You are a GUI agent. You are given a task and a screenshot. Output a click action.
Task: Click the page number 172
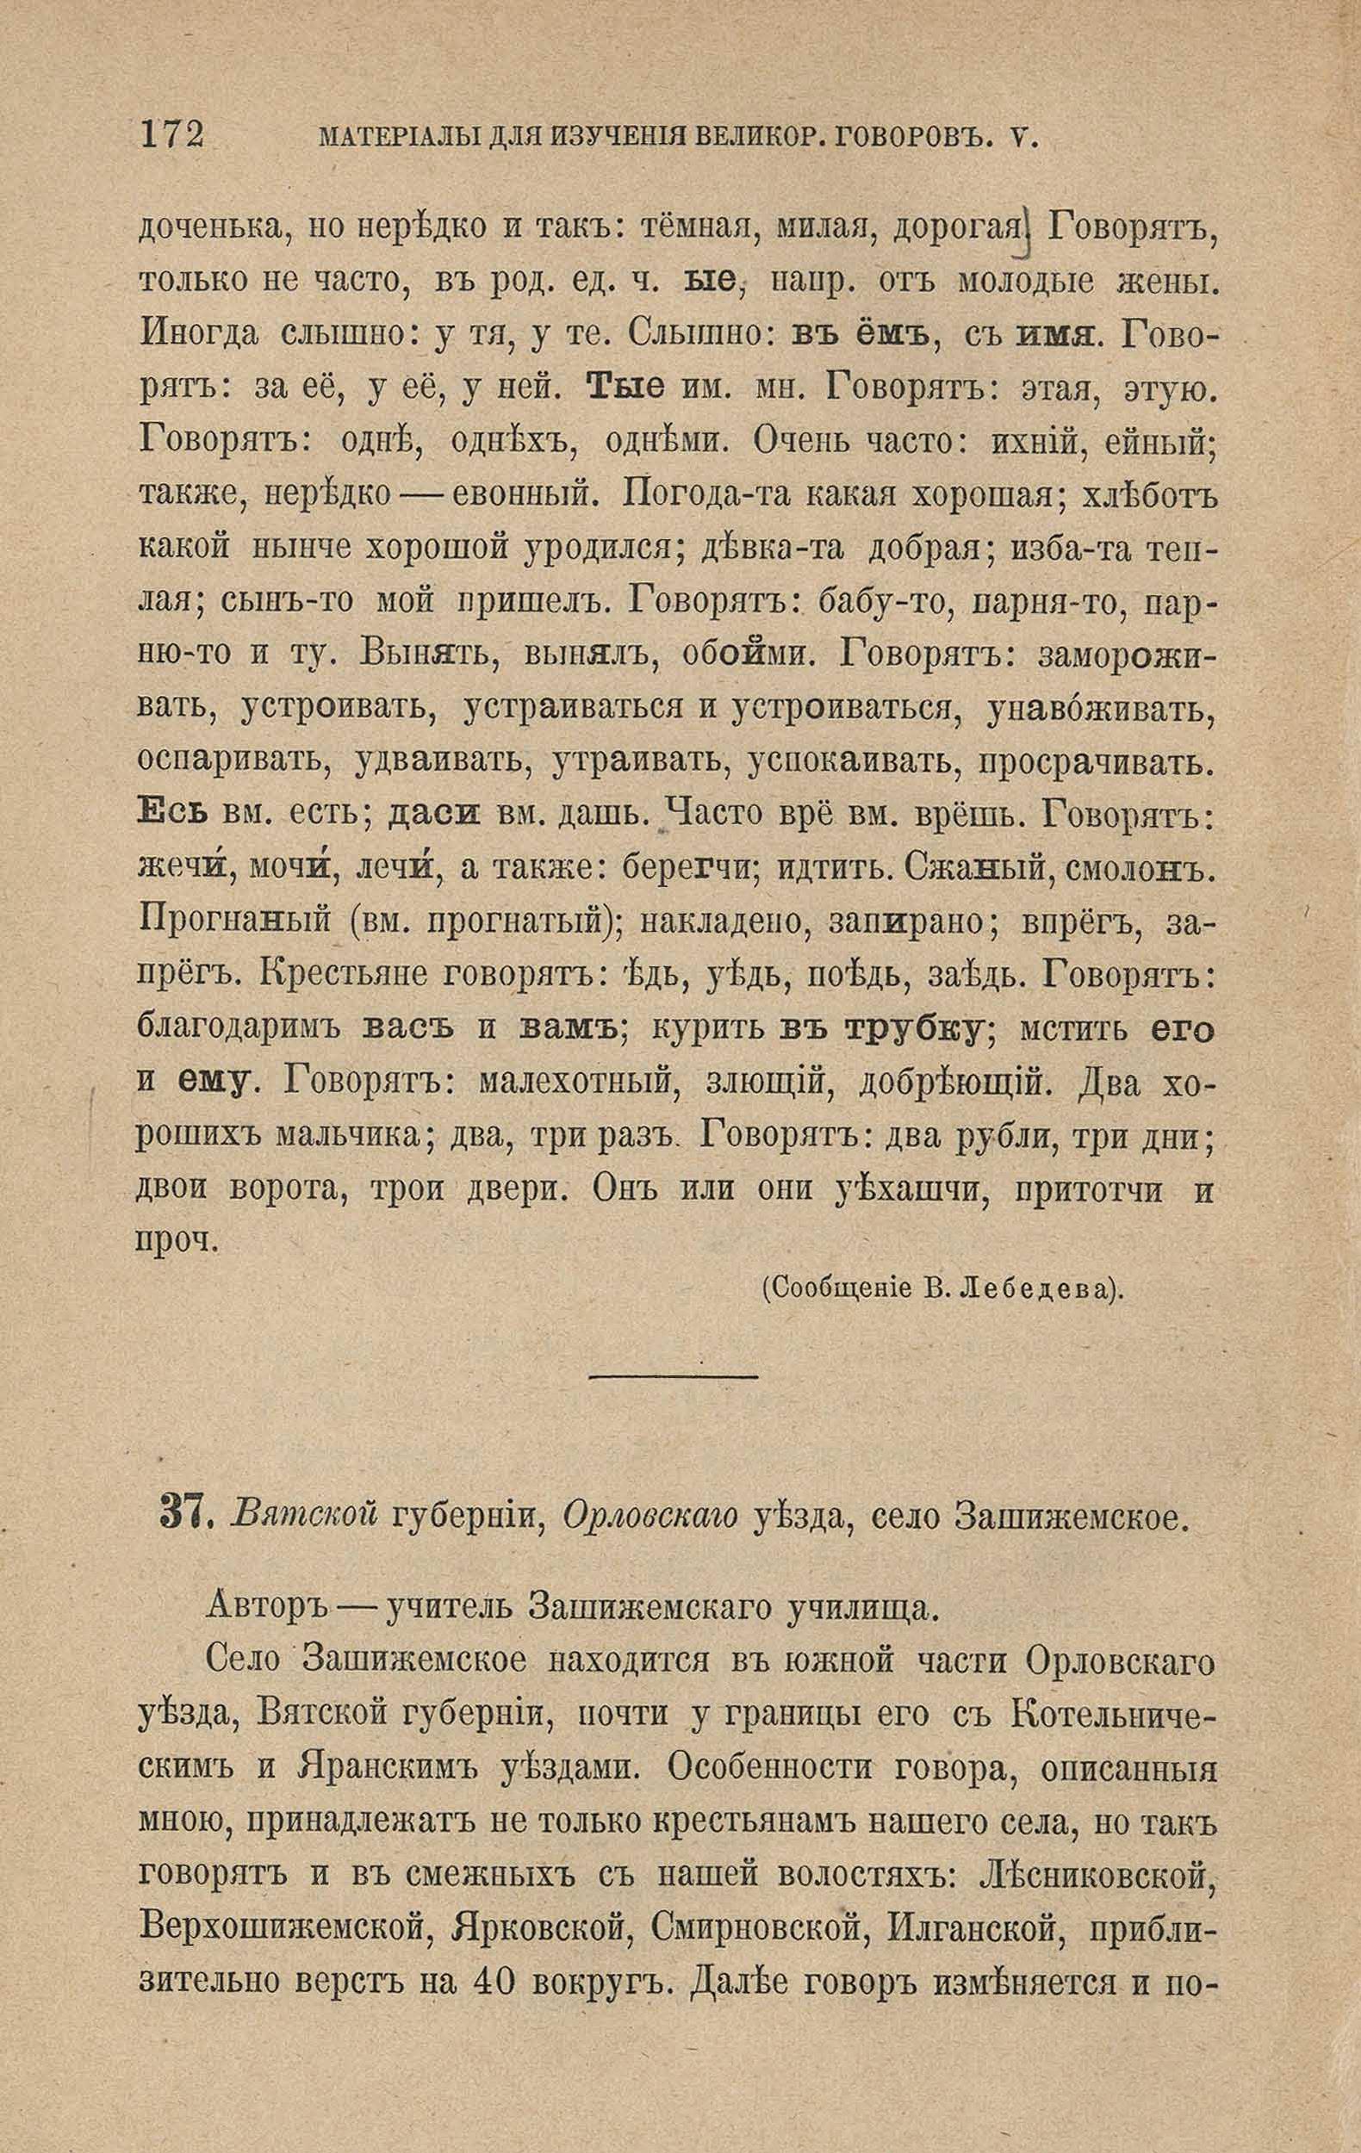pos(172,136)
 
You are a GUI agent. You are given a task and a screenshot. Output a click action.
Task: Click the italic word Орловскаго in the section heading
pos(651,1513)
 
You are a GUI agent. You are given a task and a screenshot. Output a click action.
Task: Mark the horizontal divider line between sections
pos(674,1376)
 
